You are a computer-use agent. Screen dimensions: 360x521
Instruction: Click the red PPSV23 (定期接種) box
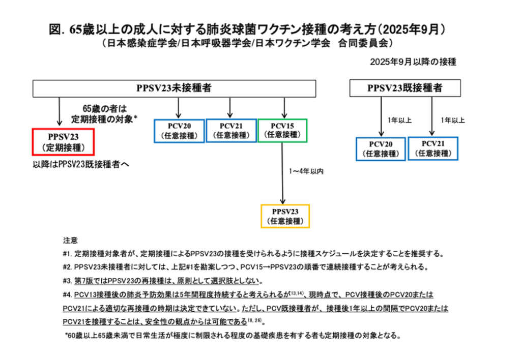click(x=63, y=142)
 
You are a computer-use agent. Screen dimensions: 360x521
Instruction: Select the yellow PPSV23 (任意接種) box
click(x=285, y=216)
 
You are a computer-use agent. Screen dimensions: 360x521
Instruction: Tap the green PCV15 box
click(x=283, y=131)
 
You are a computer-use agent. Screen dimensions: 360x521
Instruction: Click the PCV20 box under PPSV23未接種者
click(x=179, y=131)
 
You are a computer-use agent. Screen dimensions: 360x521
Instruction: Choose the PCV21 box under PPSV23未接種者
click(x=231, y=131)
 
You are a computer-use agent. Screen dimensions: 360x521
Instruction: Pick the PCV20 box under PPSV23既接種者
click(x=381, y=148)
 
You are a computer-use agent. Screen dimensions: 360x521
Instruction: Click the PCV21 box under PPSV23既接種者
click(x=433, y=148)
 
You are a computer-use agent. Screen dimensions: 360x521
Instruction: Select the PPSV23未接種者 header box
click(x=173, y=88)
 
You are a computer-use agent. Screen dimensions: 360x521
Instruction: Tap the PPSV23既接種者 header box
click(x=404, y=88)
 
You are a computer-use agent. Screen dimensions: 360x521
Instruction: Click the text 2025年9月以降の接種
click(x=413, y=62)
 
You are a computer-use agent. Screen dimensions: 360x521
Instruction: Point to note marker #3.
click(x=68, y=281)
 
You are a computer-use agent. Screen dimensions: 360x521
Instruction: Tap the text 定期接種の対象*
click(x=104, y=119)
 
